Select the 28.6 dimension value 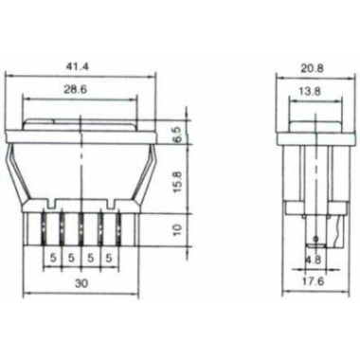coord(75,89)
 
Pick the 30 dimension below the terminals coord(81,283)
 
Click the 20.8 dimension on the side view coord(312,68)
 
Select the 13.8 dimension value coord(310,91)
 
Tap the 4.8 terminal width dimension coord(314,260)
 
